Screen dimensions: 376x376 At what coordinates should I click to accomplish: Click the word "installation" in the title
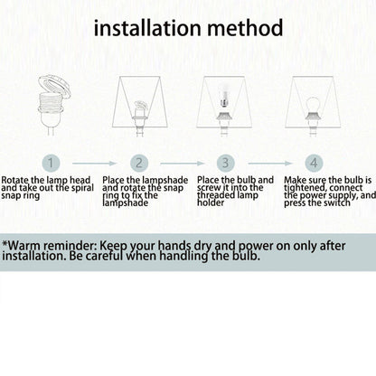pos(147,28)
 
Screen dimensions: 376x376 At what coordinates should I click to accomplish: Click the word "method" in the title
pos(245,28)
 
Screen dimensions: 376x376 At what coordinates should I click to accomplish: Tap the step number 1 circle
pos(51,163)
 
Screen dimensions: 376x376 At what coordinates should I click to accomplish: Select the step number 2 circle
pos(139,163)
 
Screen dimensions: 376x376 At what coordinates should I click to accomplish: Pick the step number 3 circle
pos(226,163)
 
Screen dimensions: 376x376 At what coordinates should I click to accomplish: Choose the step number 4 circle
pos(314,163)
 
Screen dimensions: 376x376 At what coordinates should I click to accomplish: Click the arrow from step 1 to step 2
pos(94,164)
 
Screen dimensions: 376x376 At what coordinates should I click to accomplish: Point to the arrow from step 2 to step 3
pos(183,164)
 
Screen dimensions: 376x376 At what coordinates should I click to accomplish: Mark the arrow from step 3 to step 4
pos(270,164)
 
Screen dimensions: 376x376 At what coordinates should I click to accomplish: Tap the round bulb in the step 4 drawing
pos(313,105)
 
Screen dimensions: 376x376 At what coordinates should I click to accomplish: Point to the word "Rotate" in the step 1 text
pos(15,180)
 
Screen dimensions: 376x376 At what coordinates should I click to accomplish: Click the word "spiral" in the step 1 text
pos(81,188)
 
